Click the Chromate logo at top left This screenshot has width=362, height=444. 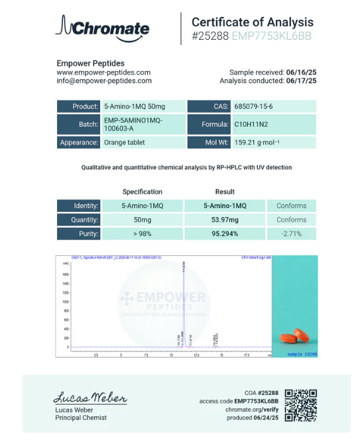pyautogui.click(x=103, y=28)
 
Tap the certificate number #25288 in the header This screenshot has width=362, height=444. pyautogui.click(x=210, y=36)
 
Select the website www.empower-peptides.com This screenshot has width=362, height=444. pyautogui.click(x=103, y=72)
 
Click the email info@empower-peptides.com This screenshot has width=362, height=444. pyautogui.click(x=104, y=81)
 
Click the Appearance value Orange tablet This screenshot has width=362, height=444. pyautogui.click(x=125, y=142)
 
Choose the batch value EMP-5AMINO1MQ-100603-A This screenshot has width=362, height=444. pyautogui.click(x=133, y=124)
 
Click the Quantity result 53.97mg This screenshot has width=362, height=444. pyautogui.click(x=225, y=219)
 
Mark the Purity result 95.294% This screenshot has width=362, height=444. pyautogui.click(x=225, y=233)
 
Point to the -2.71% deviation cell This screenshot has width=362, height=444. pyautogui.click(x=292, y=233)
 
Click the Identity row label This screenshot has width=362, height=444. pyautogui.click(x=79, y=205)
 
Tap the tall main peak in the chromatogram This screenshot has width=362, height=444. pyautogui.click(x=183, y=298)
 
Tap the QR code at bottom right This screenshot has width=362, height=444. pyautogui.click(x=301, y=405)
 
